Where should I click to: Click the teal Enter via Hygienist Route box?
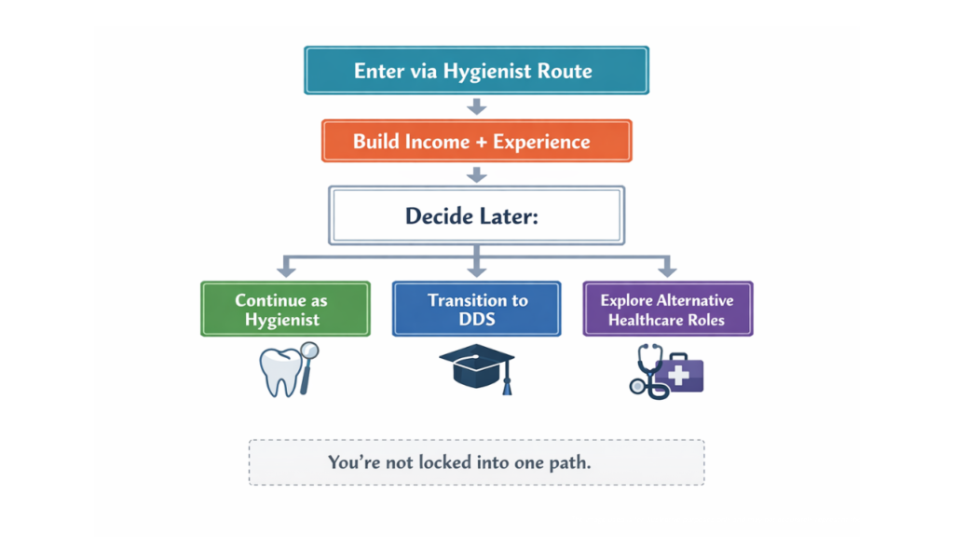coord(476,71)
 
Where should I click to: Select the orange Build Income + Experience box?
coord(476,142)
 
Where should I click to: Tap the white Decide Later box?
coord(476,215)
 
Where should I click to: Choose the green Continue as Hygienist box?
coord(285,309)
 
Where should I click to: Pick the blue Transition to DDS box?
coord(476,309)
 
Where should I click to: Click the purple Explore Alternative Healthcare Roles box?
coord(667,309)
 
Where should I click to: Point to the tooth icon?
coord(279,370)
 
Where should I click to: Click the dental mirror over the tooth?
coord(307,359)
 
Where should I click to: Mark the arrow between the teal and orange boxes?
coord(476,105)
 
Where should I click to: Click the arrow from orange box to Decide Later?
coord(476,174)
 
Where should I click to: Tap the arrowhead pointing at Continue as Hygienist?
coord(286,270)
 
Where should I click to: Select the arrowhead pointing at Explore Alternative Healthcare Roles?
coord(667,270)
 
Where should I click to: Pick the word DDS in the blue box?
coord(477,319)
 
